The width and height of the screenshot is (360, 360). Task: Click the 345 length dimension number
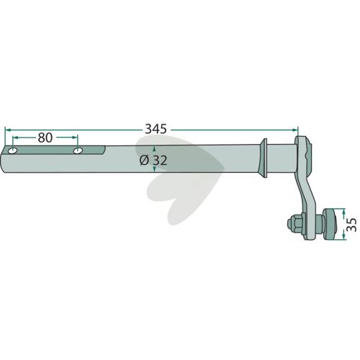156,130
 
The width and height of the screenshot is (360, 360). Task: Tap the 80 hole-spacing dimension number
45,138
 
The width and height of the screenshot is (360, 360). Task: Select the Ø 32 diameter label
153,161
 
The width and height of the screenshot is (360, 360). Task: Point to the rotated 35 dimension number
352,224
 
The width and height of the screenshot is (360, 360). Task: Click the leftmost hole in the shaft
12,151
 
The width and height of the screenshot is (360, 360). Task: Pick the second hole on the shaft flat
78,151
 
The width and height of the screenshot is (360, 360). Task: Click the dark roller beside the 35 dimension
330,224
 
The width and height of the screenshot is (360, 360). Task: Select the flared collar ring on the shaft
264,158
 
